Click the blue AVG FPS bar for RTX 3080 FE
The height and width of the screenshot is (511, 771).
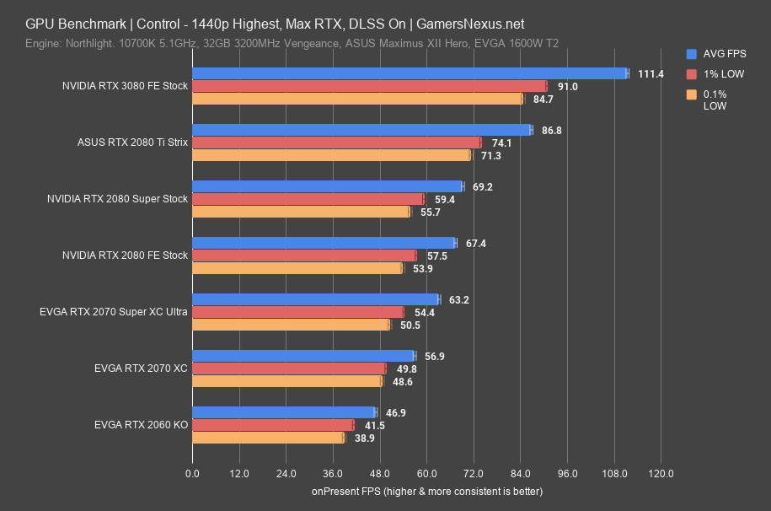pyautogui.click(x=410, y=73)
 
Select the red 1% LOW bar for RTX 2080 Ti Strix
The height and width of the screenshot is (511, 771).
pyautogui.click(x=336, y=143)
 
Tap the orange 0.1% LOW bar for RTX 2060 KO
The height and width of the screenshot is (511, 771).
pyautogui.click(x=268, y=438)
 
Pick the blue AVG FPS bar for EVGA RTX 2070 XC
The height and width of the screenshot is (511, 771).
pyautogui.click(x=303, y=356)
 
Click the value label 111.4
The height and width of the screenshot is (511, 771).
pyautogui.click(x=650, y=74)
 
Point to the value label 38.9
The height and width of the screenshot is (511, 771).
pyautogui.click(x=364, y=438)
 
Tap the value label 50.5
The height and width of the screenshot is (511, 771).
pyautogui.click(x=409, y=325)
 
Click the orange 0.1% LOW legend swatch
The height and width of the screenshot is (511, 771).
pyautogui.click(x=691, y=94)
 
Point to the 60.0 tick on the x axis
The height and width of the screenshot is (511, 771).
pyautogui.click(x=426, y=473)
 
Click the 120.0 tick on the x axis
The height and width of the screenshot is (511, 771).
pyautogui.click(x=661, y=473)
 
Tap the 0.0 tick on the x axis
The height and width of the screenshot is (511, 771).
pyautogui.click(x=193, y=473)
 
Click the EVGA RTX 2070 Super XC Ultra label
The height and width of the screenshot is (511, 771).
pyautogui.click(x=114, y=312)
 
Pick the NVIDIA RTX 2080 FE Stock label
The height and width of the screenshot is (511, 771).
pyautogui.click(x=126, y=255)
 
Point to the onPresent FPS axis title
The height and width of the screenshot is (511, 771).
pyautogui.click(x=426, y=491)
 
